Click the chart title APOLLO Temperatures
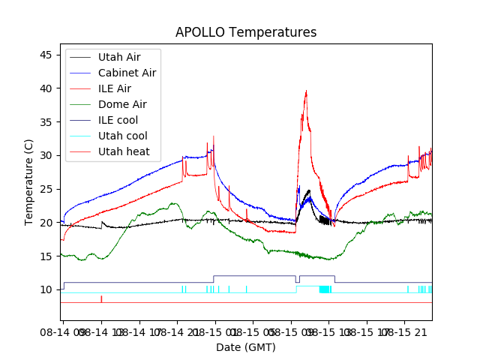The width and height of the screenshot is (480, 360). [246, 32]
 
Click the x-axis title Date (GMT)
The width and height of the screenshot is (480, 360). [246, 347]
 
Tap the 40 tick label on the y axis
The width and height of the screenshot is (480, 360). [46, 88]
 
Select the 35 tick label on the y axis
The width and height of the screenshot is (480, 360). [46, 122]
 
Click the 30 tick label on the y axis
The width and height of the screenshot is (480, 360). [46, 156]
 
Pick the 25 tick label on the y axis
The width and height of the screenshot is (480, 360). [46, 189]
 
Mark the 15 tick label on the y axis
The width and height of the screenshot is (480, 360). [46, 256]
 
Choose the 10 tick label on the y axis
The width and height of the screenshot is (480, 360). [46, 290]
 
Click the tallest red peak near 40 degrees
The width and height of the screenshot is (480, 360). [306, 91]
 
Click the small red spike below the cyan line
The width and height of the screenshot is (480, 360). [101, 299]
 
